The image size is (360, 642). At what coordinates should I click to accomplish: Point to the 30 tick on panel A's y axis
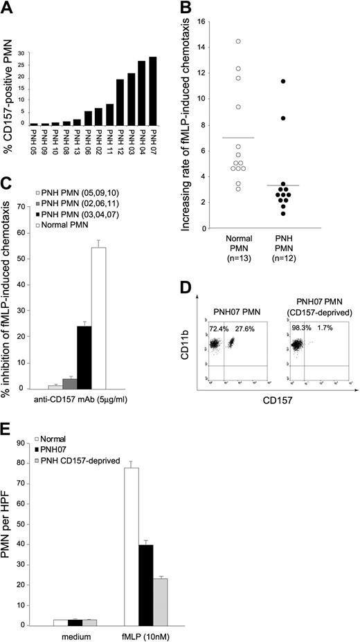point(22,53)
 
